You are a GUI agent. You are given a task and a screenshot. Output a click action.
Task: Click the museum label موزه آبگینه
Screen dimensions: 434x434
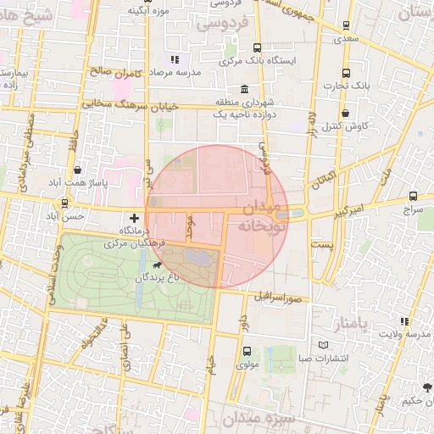click(148, 10)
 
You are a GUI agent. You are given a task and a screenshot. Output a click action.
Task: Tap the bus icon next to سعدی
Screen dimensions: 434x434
click(346, 26)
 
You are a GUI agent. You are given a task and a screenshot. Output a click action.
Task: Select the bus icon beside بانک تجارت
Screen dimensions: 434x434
click(346, 73)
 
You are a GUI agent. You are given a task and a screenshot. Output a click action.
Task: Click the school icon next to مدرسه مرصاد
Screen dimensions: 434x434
click(175, 60)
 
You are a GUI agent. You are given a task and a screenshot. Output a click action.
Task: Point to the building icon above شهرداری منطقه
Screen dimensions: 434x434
click(244, 90)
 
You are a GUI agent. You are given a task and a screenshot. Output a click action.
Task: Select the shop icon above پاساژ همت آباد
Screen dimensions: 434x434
click(78, 170)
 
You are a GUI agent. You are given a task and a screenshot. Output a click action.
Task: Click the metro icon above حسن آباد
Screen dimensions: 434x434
click(65, 203)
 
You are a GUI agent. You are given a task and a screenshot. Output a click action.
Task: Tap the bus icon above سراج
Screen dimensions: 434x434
click(413, 195)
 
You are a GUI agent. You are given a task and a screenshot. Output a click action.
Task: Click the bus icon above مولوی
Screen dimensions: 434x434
click(247, 351)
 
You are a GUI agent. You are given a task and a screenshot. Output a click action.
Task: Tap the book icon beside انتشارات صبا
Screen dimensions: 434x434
click(322, 346)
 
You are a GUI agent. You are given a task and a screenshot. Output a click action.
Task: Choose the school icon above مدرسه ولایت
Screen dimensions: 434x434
click(403, 321)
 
